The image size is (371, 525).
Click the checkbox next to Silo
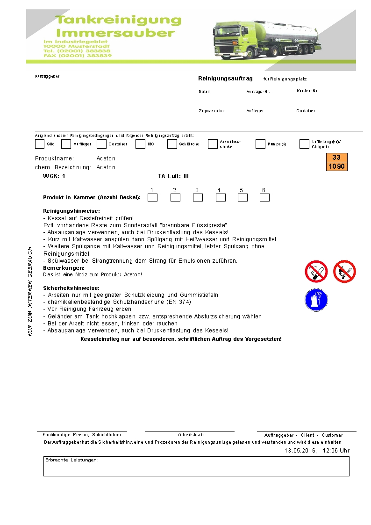(x=40, y=144)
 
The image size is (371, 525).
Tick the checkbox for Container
(x=101, y=144)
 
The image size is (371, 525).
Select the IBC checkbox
(x=140, y=144)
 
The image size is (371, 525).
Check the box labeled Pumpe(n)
(x=260, y=144)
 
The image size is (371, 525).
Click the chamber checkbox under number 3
(x=198, y=198)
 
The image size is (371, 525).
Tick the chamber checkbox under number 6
(x=264, y=198)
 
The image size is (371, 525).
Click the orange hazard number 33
(x=336, y=158)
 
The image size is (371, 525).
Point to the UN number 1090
(x=336, y=166)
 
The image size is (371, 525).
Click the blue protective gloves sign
(x=316, y=300)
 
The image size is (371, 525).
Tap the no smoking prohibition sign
(x=316, y=272)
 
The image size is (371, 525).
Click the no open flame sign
(x=344, y=272)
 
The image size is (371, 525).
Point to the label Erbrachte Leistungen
(x=72, y=460)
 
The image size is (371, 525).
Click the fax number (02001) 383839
(x=78, y=55)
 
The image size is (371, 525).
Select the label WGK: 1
(x=54, y=176)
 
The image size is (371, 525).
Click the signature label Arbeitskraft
(x=191, y=435)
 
